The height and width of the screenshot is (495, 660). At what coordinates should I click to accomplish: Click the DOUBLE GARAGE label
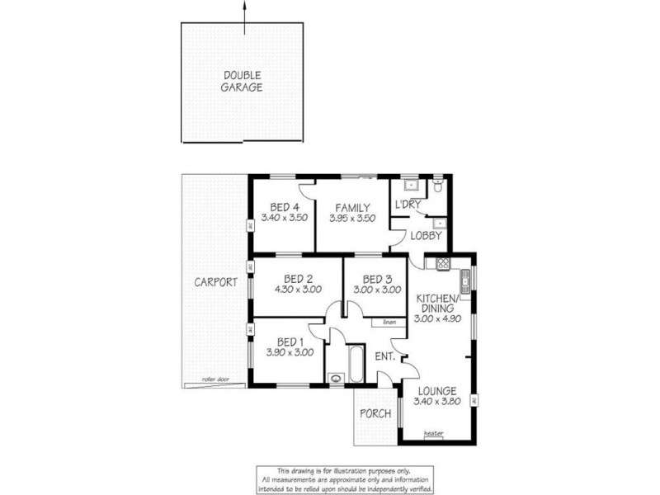click(x=243, y=81)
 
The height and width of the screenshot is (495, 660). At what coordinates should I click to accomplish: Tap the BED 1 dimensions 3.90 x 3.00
click(x=290, y=352)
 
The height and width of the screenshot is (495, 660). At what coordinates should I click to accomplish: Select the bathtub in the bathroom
click(x=356, y=364)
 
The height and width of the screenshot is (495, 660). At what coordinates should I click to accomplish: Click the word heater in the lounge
click(x=433, y=432)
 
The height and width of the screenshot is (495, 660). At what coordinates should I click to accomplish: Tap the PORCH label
click(x=375, y=413)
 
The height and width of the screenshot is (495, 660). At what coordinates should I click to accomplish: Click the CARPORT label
click(x=215, y=281)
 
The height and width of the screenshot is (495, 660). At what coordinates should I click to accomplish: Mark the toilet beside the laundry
click(x=440, y=186)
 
